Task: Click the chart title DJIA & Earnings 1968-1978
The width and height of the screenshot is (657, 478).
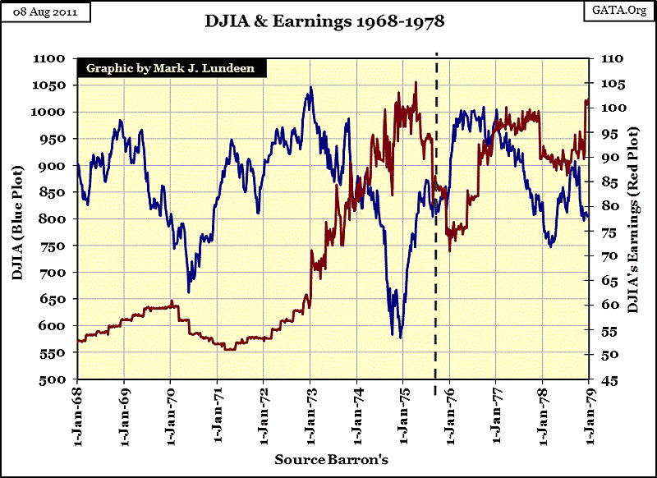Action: (x=324, y=21)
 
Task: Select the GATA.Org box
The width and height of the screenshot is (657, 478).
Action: (x=618, y=12)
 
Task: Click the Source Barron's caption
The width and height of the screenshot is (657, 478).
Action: (x=331, y=459)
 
